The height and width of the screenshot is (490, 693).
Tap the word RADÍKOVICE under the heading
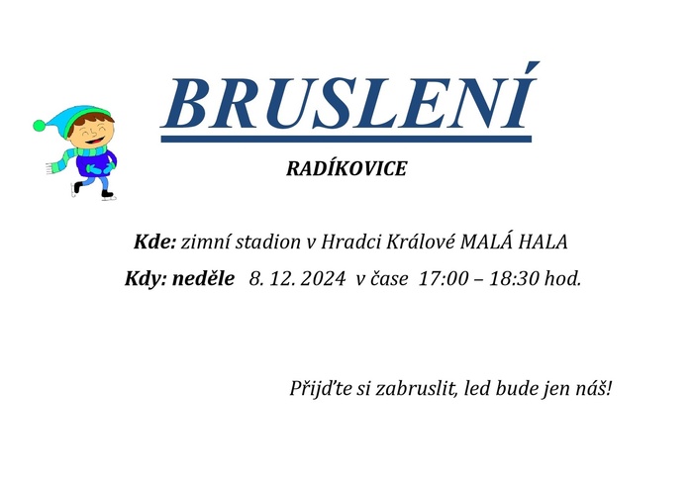coord(346,169)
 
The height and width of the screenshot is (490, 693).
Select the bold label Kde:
coord(154,242)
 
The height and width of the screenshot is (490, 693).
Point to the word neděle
coord(203,278)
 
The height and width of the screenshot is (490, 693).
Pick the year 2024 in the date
coord(322,279)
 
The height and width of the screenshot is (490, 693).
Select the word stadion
coord(267,242)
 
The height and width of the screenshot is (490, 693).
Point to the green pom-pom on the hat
coord(40,126)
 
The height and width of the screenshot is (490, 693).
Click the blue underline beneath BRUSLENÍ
coord(346,139)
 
